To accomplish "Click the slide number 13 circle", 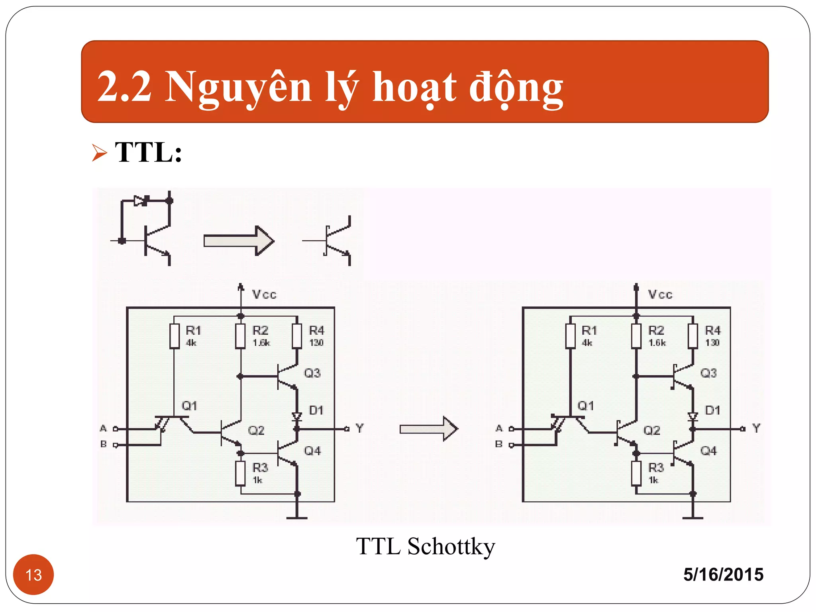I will pyautogui.click(x=33, y=575).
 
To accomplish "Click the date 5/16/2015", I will pyautogui.click(x=723, y=575).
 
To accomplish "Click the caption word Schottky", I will pyautogui.click(x=451, y=546).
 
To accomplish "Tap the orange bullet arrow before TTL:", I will pyautogui.click(x=99, y=153).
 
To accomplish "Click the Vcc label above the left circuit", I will pyautogui.click(x=264, y=295).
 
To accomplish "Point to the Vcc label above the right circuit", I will pyautogui.click(x=660, y=295).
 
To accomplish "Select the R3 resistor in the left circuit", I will pyautogui.click(x=240, y=473).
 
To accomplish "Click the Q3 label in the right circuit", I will pyautogui.click(x=708, y=373).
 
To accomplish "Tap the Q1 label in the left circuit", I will pyautogui.click(x=190, y=406).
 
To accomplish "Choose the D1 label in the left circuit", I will pyautogui.click(x=316, y=410).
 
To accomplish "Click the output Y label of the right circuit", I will pyautogui.click(x=756, y=428).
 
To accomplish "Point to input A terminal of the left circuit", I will pyautogui.click(x=115, y=429).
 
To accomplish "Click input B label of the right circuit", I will pyautogui.click(x=499, y=444).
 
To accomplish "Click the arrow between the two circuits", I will pyautogui.click(x=429, y=429).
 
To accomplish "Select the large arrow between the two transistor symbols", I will pyautogui.click(x=239, y=241).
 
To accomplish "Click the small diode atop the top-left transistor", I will pyautogui.click(x=140, y=201).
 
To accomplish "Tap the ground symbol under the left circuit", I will pyautogui.click(x=297, y=518).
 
